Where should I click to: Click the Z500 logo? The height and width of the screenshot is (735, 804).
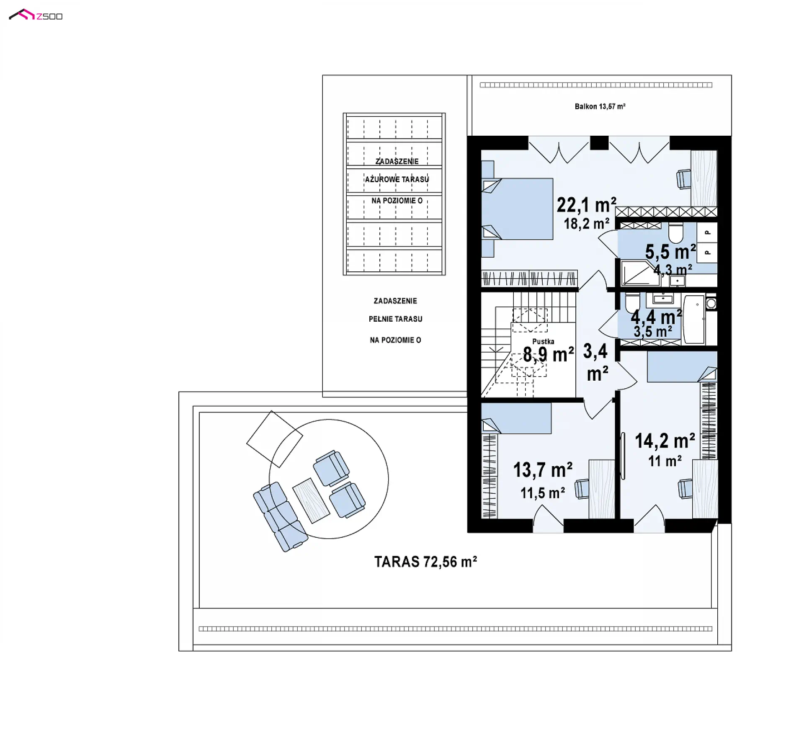[x=36, y=15]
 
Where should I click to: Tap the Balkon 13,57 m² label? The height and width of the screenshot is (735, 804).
[x=600, y=106]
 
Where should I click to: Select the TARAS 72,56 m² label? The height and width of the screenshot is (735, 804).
[x=425, y=562]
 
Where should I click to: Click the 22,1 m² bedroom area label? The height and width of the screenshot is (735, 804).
[x=586, y=205]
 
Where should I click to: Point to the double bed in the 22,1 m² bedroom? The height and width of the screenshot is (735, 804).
[x=517, y=209]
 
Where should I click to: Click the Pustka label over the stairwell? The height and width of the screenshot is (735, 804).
[x=543, y=341]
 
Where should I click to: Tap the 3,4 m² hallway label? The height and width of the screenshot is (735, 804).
[x=596, y=362]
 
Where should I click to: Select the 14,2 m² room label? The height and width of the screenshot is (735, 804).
[x=665, y=441]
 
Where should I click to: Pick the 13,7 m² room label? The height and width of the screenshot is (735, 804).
[x=543, y=470]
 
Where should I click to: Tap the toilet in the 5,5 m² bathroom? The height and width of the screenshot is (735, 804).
[x=675, y=233]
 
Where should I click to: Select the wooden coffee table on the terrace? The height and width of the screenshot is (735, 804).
[x=311, y=500]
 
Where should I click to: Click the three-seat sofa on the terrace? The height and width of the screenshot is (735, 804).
[x=280, y=517]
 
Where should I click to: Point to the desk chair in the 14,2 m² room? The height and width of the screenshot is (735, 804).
[x=685, y=489]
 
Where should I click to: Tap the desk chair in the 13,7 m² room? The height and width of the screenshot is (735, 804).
[x=582, y=489]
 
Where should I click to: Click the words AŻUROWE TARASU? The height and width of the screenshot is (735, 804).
[x=397, y=179]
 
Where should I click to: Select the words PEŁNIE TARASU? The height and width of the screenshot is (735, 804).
[x=395, y=319]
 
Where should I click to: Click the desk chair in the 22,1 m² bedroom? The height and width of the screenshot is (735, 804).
[x=684, y=179]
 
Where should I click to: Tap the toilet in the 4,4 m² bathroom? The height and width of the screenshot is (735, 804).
[x=632, y=302]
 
